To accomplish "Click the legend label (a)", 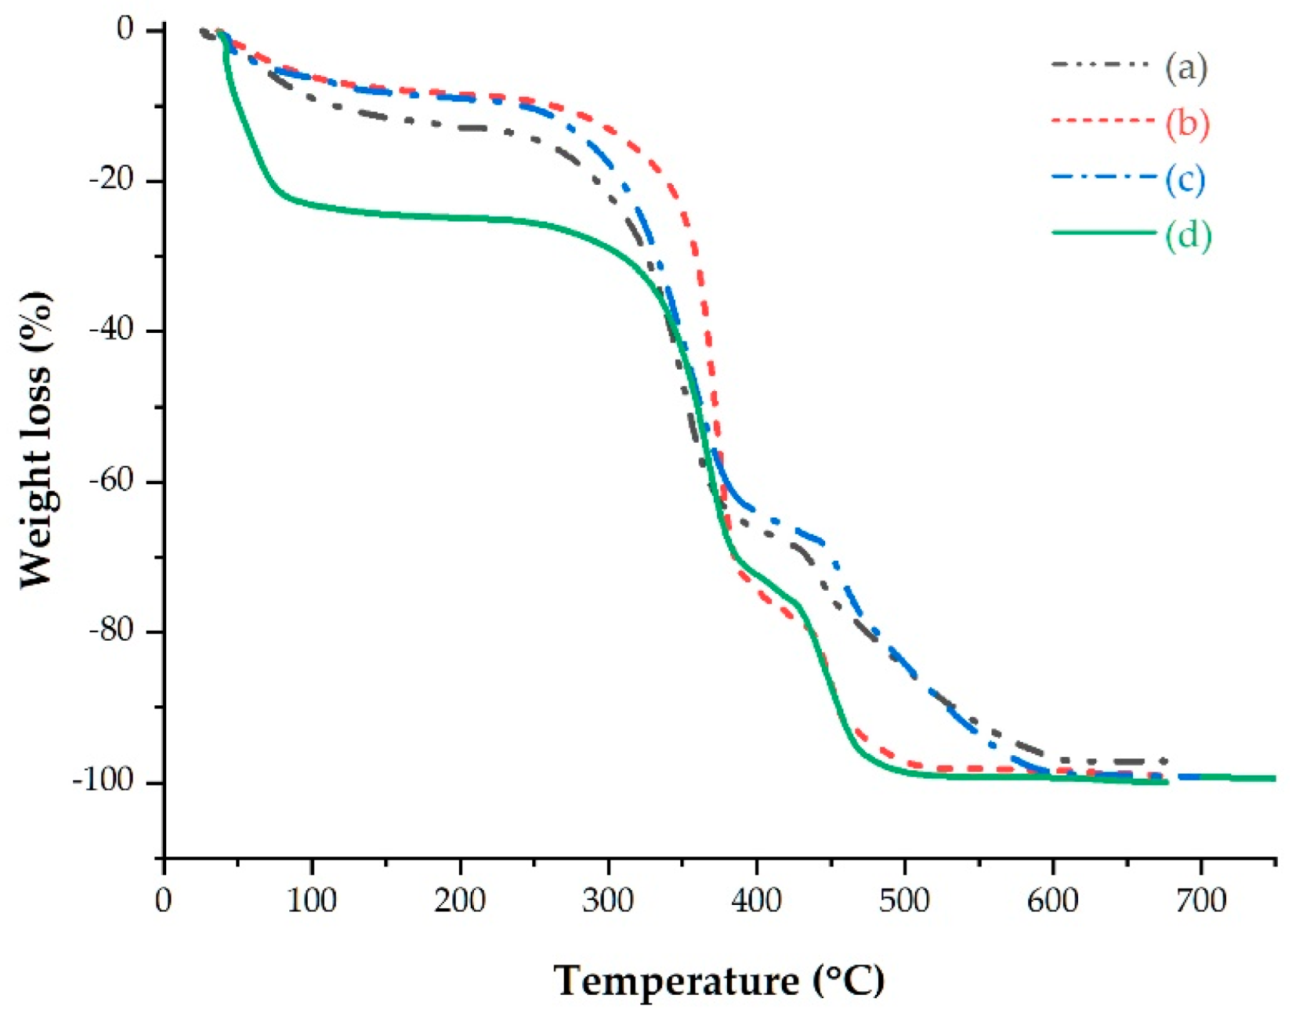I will [x=1185, y=68].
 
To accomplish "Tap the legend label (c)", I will [x=1185, y=179].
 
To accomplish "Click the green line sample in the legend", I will [x=1103, y=233].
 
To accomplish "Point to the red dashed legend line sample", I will [x=1103, y=121].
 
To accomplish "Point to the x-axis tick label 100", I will [x=312, y=901].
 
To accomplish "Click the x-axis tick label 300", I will [x=608, y=901].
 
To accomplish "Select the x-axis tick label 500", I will [x=904, y=901].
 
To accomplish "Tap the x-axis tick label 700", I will [x=1200, y=901].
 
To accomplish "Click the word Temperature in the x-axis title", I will [x=675, y=981].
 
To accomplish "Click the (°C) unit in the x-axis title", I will [x=849, y=981].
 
